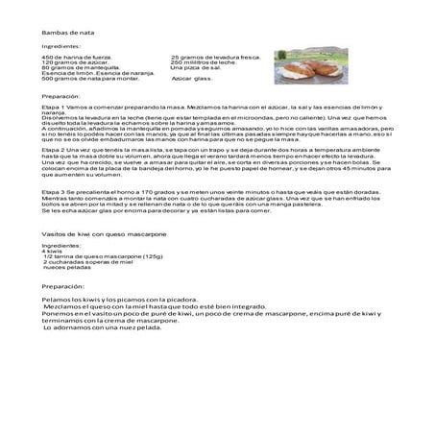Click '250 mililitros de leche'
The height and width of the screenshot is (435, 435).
[x=201, y=62]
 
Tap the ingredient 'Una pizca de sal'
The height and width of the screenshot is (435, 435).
[x=192, y=68]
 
